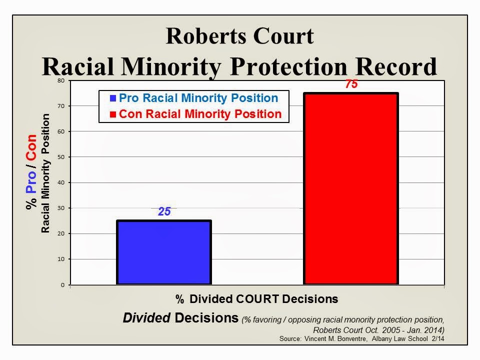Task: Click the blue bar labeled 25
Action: (x=164, y=252)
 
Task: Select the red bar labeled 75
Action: (x=351, y=189)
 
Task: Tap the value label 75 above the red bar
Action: (x=351, y=84)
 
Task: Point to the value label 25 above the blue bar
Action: (x=164, y=212)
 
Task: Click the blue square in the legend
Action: (x=113, y=98)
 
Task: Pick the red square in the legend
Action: (x=113, y=114)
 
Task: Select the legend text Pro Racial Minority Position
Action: (x=198, y=98)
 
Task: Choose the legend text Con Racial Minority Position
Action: (x=200, y=114)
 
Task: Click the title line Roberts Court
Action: (x=240, y=37)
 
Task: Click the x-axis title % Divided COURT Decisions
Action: (x=256, y=299)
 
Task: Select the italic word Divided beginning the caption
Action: (x=147, y=318)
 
